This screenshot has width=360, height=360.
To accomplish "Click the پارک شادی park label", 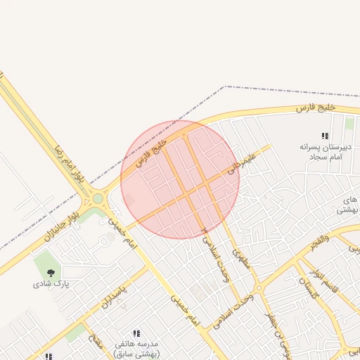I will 50,285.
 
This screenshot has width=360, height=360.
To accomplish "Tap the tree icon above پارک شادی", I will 50,272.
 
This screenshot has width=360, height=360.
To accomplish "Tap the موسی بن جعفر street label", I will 276,330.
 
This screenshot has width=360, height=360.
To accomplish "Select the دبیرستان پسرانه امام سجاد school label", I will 325,151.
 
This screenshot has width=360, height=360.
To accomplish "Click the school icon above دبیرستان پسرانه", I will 325,136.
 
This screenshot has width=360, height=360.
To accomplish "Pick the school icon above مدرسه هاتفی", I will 137,333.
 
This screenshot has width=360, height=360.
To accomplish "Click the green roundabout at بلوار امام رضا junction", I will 98,199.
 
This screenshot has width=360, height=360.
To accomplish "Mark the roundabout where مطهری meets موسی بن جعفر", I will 259,288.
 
